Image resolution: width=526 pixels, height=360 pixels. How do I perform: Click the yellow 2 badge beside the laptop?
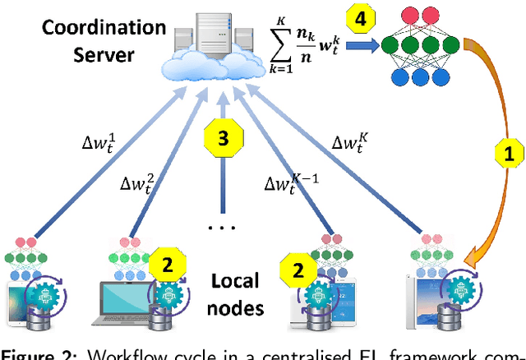click(166, 265)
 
